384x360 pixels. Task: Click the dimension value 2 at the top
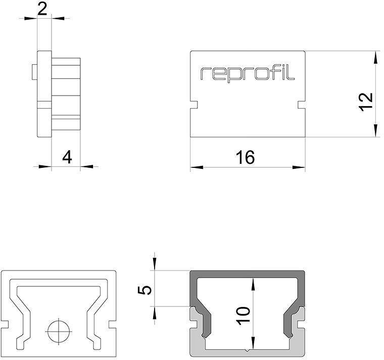click(43, 9)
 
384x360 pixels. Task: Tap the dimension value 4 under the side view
click(67, 157)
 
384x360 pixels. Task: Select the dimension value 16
click(245, 157)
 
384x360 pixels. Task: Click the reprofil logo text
click(247, 73)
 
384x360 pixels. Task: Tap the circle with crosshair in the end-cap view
click(59, 333)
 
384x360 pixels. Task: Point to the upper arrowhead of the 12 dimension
click(375, 57)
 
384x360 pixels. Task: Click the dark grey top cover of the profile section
click(248, 275)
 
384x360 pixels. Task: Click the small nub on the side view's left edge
click(33, 71)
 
